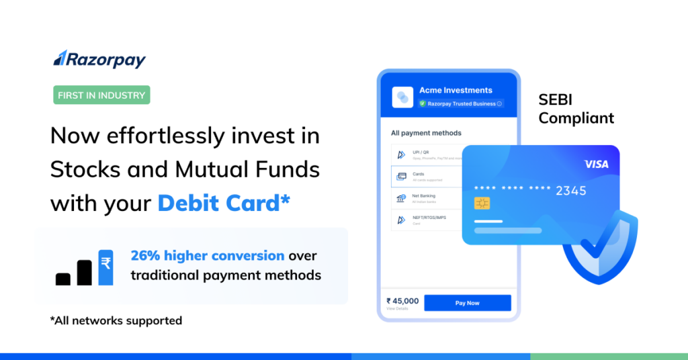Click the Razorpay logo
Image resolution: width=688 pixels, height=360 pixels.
point(99,59)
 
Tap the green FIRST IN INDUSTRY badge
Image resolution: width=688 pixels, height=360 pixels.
point(101,95)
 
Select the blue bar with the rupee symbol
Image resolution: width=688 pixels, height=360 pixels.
point(105,267)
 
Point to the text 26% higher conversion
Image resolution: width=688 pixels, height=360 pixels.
point(207,256)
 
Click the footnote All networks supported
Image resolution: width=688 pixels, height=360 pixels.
point(116,320)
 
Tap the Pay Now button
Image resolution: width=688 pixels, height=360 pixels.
point(467,303)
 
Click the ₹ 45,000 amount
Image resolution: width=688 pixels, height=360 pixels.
point(402,301)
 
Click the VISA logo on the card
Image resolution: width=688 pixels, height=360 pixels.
point(596,164)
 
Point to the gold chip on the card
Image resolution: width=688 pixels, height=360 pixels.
point(482,203)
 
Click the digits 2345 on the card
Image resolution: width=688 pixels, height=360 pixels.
point(570,191)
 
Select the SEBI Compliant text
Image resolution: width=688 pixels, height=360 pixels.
point(576,109)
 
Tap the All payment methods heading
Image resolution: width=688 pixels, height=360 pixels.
point(426,133)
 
